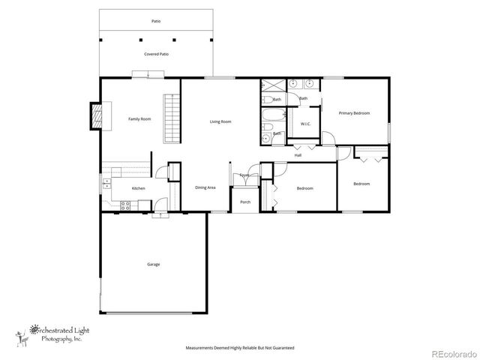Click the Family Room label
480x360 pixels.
pos(139,118)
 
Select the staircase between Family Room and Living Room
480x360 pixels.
pos(172,118)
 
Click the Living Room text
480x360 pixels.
pos(220,121)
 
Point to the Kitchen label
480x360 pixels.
pos(139,188)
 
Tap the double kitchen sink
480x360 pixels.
pos(106,182)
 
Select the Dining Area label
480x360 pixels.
pos(205,187)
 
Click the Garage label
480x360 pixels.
pos(153,264)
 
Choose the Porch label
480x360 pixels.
pos(244,202)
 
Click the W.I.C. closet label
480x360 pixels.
pos(306,124)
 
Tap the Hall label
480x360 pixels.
pos(298,155)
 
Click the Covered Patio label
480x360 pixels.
pos(156,54)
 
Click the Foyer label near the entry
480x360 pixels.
pos(244,175)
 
